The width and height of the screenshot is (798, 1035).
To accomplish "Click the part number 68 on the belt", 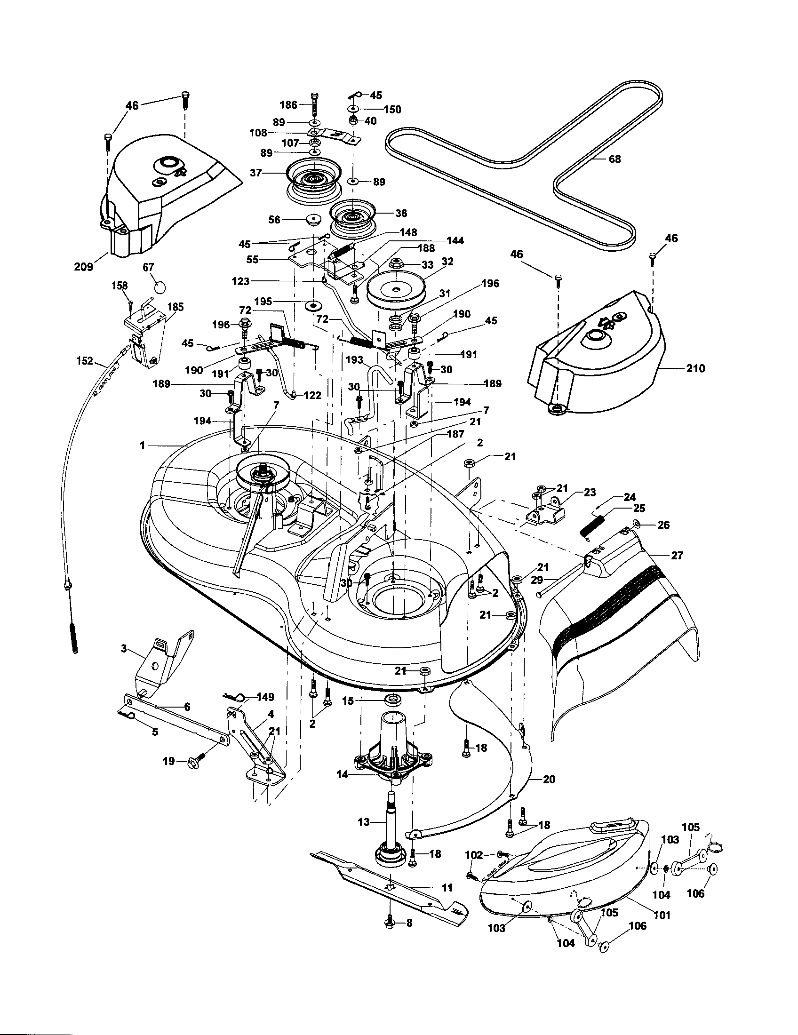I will (614, 159).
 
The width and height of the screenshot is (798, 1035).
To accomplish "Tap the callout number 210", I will (695, 368).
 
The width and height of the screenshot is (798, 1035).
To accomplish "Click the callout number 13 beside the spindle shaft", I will (363, 822).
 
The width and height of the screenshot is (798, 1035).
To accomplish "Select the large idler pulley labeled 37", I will (311, 180).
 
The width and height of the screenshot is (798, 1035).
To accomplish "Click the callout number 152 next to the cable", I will (84, 361).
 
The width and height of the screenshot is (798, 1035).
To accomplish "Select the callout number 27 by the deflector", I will (677, 555).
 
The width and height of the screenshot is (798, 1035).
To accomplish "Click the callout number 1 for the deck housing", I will (142, 446).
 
